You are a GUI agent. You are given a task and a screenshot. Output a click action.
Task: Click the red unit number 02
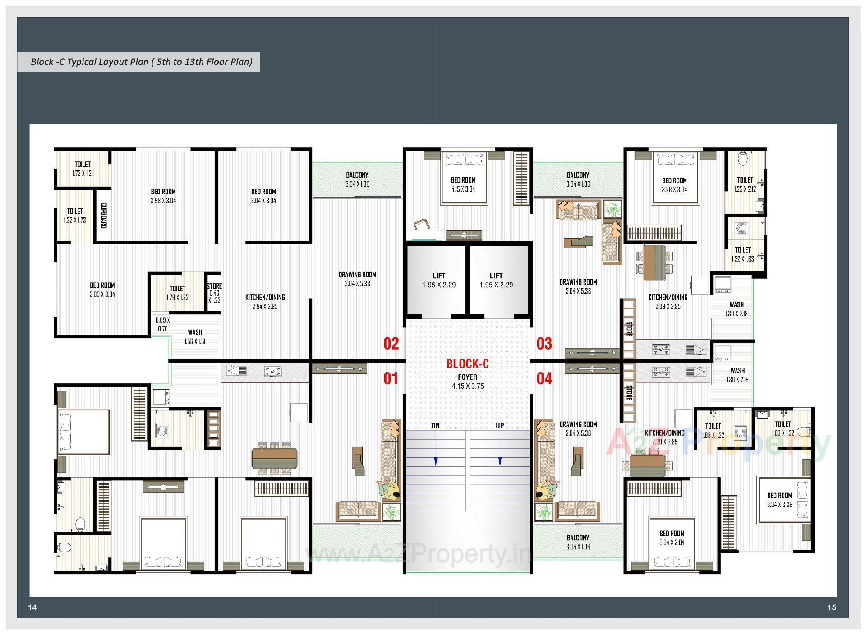click(391, 344)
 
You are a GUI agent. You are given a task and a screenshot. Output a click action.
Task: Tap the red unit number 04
click(544, 378)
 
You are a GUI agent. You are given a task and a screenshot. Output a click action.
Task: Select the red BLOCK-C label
click(467, 364)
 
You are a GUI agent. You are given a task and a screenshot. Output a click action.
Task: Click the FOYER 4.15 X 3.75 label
click(468, 382)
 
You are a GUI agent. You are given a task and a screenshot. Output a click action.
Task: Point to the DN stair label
click(435, 426)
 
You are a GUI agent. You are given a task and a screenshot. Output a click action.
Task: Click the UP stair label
click(500, 426)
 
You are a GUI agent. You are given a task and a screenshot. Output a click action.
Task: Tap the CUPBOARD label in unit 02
click(103, 215)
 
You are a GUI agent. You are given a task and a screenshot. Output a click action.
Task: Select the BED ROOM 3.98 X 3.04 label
click(163, 196)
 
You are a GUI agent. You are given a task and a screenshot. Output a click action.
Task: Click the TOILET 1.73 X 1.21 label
click(83, 169)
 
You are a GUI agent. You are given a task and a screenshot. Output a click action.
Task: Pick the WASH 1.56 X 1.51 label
click(195, 337)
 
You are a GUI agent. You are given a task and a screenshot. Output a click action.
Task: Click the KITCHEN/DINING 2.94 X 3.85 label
click(265, 302)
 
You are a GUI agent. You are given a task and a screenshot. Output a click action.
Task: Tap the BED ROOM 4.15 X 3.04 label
click(463, 184)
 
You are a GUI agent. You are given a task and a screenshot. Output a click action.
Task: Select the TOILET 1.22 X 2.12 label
click(745, 184)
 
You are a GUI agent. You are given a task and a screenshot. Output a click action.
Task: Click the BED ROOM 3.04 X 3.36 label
click(779, 500)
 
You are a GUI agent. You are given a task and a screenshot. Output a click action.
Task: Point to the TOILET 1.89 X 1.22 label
click(783, 428)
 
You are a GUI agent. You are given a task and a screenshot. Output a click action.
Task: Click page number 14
click(32, 607)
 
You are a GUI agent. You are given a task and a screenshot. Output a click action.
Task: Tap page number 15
click(831, 607)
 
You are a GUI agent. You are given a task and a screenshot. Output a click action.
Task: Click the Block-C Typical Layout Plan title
click(141, 62)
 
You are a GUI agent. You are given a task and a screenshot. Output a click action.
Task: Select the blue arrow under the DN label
click(435, 461)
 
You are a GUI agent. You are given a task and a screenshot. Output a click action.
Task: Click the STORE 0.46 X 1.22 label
click(214, 293)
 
